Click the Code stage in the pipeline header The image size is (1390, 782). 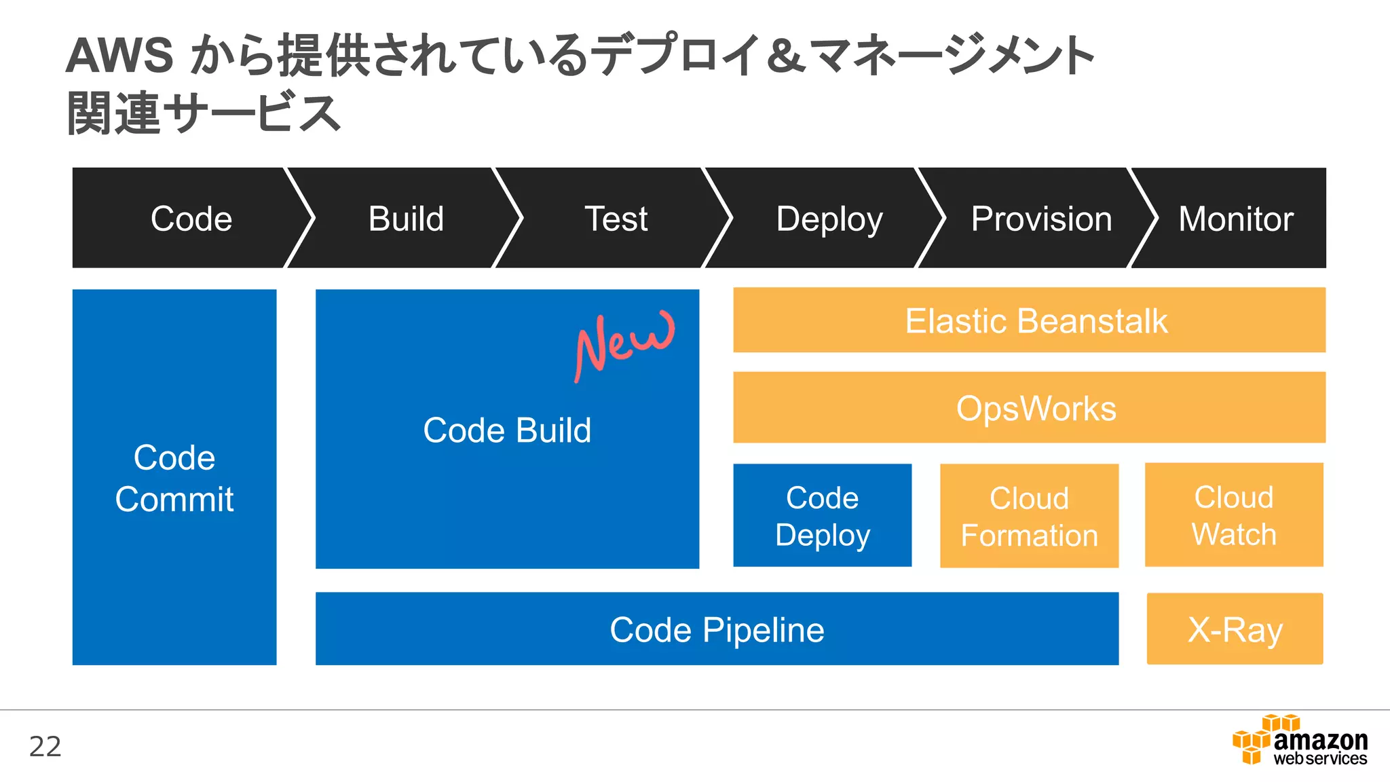(191, 219)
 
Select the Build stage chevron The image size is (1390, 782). (406, 219)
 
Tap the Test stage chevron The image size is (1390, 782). (616, 219)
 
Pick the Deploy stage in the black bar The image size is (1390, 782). (829, 219)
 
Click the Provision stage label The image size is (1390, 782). (1041, 219)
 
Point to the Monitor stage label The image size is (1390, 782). (1235, 219)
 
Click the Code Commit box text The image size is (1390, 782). (174, 478)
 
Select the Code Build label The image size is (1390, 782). (507, 430)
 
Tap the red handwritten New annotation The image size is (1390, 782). (624, 343)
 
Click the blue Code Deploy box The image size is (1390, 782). (823, 516)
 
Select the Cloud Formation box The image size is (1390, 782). (1029, 517)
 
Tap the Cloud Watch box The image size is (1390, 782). (1234, 515)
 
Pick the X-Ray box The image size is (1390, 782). (1235, 629)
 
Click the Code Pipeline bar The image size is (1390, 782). (717, 629)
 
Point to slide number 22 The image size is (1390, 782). (45, 747)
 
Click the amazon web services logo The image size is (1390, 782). (1300, 742)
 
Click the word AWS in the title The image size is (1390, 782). (119, 56)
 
